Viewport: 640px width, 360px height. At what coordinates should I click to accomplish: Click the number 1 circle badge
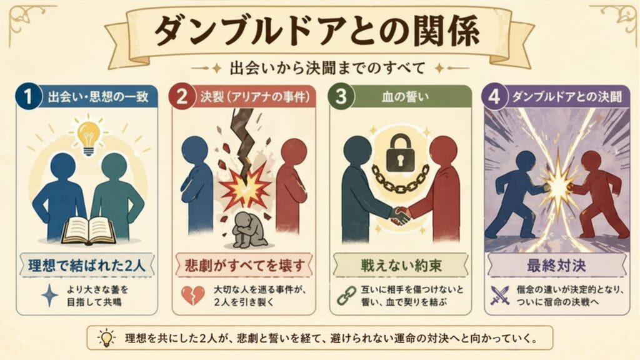[x=28, y=97]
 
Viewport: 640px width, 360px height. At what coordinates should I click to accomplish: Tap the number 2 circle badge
[x=182, y=97]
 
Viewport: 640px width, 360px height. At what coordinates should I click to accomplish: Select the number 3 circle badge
[x=341, y=97]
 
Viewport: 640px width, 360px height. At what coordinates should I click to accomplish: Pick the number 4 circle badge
[x=495, y=97]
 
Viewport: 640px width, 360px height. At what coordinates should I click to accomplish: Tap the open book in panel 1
[x=88, y=231]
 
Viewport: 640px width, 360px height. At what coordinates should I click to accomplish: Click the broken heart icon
[x=192, y=295]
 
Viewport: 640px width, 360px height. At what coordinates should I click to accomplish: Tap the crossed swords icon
[x=500, y=295]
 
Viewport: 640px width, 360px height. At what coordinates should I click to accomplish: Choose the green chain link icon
[x=346, y=295]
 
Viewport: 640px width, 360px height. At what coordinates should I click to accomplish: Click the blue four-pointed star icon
[x=49, y=295]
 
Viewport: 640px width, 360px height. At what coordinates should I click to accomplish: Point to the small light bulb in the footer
[x=106, y=338]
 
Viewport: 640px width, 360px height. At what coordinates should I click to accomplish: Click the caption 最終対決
[x=556, y=266]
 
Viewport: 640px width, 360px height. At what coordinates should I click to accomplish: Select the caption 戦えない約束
[x=401, y=266]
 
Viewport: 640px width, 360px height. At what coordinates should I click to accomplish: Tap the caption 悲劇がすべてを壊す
[x=245, y=266]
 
